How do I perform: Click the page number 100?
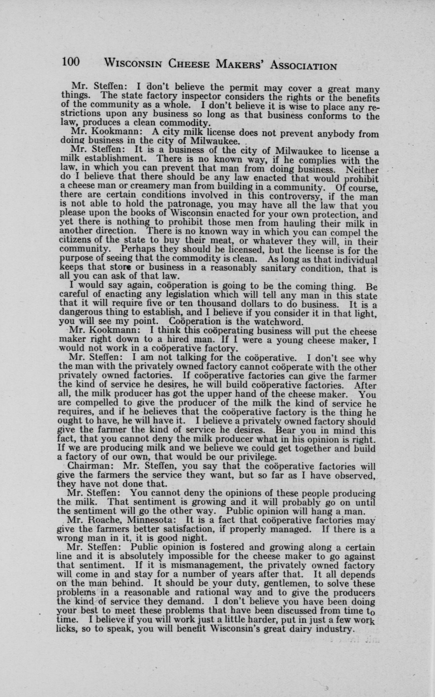[70, 62]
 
